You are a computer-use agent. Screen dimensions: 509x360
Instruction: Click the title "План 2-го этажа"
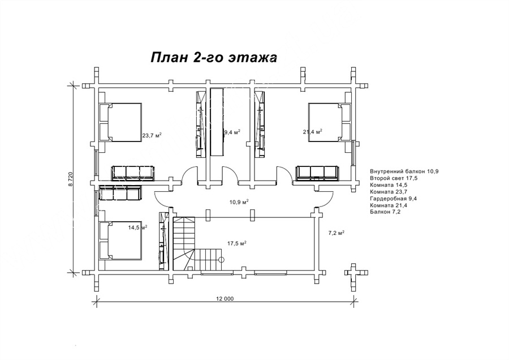coord(214,58)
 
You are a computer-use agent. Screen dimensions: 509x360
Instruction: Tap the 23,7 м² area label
coord(152,135)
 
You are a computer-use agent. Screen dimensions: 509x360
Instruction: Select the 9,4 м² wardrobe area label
coord(232,132)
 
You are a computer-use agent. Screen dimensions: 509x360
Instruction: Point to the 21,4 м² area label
coord(313,131)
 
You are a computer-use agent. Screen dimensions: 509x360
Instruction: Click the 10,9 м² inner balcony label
coord(239,202)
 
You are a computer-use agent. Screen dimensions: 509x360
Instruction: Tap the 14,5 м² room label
coord(137,228)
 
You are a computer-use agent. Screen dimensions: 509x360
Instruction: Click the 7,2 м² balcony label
coord(337,233)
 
